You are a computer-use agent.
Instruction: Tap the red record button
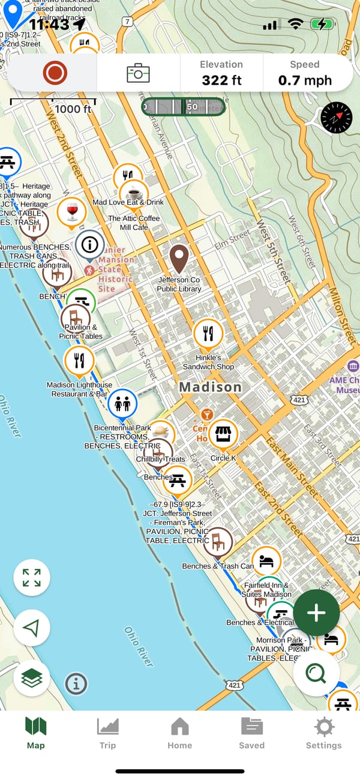[55, 73]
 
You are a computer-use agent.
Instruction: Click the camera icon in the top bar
[138, 73]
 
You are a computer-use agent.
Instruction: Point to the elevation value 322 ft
[221, 79]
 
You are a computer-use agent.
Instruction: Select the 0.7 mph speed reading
[305, 79]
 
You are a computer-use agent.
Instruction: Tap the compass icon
[336, 118]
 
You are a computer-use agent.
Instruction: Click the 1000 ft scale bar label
[73, 109]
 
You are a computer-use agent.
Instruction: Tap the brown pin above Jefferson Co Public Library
[179, 259]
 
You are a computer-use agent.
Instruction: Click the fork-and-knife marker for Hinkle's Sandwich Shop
[208, 334]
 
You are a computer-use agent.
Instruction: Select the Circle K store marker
[223, 434]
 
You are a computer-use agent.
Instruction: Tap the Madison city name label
[210, 387]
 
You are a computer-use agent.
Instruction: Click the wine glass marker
[72, 212]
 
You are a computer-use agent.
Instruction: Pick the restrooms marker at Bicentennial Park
[122, 404]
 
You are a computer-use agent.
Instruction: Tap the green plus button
[316, 613]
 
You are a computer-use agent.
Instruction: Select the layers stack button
[32, 679]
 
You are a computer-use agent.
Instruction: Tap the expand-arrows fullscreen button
[32, 578]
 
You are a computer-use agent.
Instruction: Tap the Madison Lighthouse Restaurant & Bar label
[79, 389]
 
